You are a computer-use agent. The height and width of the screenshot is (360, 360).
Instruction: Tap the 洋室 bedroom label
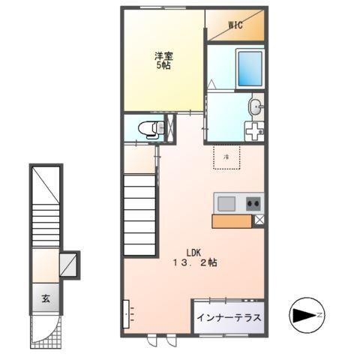163,55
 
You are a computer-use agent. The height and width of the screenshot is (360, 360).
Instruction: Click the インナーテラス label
229,318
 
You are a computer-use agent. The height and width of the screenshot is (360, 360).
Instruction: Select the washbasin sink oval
255,106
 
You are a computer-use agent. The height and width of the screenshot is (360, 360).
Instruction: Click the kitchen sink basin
226,202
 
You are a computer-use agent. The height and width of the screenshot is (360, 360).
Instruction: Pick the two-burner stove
251,202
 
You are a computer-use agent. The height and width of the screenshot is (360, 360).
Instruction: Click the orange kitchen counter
232,220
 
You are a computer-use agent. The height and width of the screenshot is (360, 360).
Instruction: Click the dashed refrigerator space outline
227,157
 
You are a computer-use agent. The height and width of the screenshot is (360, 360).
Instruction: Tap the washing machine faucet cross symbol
255,130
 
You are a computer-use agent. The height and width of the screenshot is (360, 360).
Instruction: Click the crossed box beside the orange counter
259,220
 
